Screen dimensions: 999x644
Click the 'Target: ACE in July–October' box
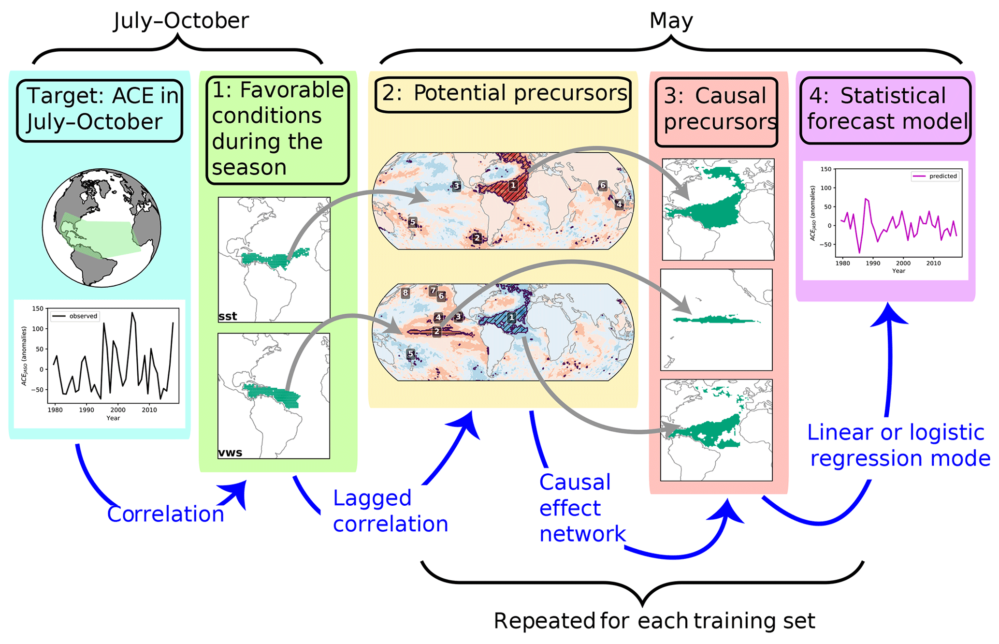(100, 111)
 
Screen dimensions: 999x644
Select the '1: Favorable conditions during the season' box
(277, 130)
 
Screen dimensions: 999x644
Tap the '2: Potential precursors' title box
(503, 95)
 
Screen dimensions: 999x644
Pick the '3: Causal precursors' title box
(716, 112)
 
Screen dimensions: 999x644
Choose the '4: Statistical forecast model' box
(885, 110)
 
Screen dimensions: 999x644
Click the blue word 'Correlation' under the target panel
(166, 513)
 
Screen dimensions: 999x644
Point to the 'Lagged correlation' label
(391, 511)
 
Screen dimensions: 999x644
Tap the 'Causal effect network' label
(582, 508)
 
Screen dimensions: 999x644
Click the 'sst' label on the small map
(228, 316)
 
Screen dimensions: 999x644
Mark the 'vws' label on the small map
(230, 453)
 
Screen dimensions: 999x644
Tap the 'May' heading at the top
(671, 21)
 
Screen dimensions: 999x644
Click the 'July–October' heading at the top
(181, 21)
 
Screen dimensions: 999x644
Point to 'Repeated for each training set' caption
(654, 621)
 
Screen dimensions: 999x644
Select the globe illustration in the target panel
(101, 228)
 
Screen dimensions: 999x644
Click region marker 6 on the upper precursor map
(602, 185)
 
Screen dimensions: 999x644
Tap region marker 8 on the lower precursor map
(405, 293)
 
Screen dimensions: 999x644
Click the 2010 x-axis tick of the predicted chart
(933, 263)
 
